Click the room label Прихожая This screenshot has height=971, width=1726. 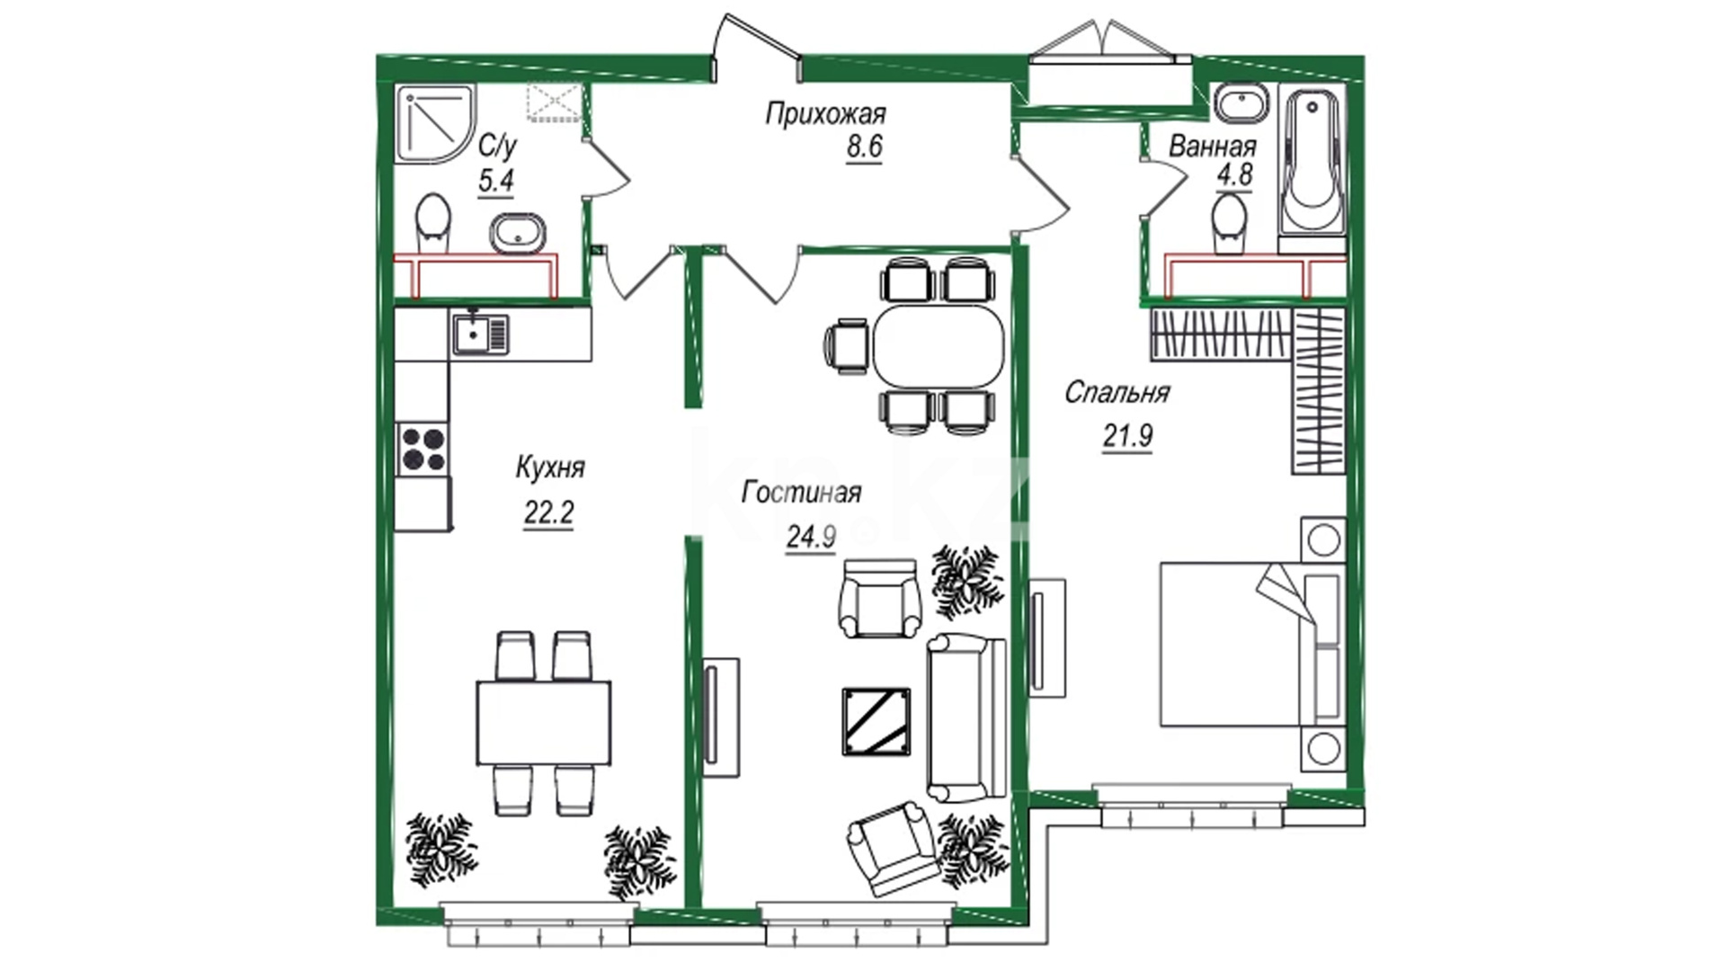(825, 115)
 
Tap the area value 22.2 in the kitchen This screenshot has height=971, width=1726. (548, 512)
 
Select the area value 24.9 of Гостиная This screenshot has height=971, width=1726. (811, 537)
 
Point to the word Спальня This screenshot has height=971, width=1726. (1117, 392)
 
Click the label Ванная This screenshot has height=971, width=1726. (1213, 147)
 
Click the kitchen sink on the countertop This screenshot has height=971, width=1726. (480, 334)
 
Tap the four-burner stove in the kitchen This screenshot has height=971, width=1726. (423, 449)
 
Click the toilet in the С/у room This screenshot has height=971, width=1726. (433, 222)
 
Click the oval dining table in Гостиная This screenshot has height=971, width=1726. (939, 344)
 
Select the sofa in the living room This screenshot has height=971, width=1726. (966, 717)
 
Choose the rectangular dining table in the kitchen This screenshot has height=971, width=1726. (544, 722)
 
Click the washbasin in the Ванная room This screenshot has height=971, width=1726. (1241, 103)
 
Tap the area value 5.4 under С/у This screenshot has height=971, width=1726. (495, 181)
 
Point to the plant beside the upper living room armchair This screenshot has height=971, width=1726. (965, 581)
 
